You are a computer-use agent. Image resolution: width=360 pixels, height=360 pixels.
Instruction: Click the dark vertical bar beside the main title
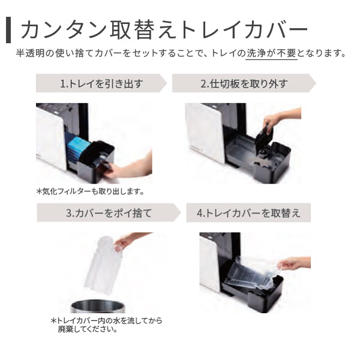pos(8,30)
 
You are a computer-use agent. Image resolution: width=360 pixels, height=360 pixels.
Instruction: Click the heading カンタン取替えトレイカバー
pos(164,30)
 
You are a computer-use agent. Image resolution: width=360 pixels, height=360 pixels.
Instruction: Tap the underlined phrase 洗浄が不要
pos(271,53)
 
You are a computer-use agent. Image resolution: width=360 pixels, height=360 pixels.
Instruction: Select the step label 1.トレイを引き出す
pos(101,83)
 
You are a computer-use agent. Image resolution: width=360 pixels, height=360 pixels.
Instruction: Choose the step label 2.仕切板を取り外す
pos(244,83)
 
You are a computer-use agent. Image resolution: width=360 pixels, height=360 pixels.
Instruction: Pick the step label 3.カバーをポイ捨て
pos(109,213)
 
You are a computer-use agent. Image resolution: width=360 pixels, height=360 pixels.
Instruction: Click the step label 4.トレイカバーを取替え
pos(248,213)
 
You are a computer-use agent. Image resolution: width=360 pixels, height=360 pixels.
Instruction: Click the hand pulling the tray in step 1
pos(126,166)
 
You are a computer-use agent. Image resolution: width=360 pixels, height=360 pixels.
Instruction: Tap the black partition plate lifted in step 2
pos(263,138)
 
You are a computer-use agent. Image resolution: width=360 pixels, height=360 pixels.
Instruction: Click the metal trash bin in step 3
pos(98,306)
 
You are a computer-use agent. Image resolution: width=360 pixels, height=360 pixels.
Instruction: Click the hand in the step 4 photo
pos(295,263)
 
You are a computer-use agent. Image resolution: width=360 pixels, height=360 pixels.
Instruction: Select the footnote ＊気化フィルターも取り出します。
pos(90,191)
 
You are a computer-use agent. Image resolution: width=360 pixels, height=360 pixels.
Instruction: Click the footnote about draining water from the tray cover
pos(106,325)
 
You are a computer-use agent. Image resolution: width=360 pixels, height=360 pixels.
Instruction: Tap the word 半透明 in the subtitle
pos(30,53)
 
